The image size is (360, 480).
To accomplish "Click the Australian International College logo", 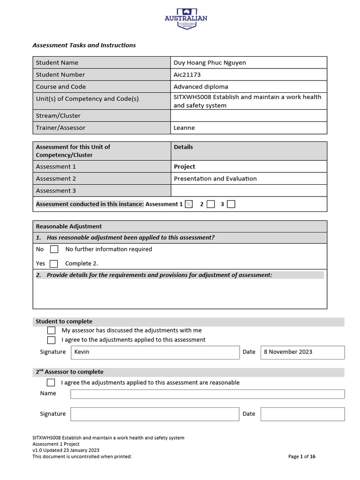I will click(x=186, y=19).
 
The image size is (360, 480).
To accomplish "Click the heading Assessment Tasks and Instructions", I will click(x=84, y=45).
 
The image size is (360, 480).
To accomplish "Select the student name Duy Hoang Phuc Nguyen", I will click(x=210, y=63).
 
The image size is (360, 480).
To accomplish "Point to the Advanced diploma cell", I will click(x=201, y=87).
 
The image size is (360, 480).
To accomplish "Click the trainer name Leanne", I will click(x=184, y=127).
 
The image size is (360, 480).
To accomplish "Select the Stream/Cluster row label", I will click(x=58, y=116).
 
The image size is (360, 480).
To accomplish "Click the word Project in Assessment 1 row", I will click(x=184, y=166).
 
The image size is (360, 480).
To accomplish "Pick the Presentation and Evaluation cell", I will click(x=215, y=179).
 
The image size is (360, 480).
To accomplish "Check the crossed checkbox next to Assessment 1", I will click(x=189, y=204).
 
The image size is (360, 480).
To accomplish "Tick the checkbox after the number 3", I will click(x=231, y=204).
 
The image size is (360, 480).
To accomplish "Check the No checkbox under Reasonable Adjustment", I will click(x=54, y=249).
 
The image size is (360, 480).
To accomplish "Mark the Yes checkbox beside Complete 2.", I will click(x=54, y=263).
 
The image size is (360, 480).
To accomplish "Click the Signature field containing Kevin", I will click(x=155, y=352).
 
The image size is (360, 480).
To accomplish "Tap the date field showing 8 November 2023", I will click(x=302, y=352).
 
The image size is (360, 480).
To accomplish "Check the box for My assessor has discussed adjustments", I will click(x=51, y=330).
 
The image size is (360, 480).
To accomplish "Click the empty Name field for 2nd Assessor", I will click(x=207, y=394).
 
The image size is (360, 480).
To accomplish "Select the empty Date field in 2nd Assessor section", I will click(x=302, y=414).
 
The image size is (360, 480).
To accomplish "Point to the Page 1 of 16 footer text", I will click(x=301, y=457).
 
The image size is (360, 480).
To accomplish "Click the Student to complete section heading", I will click(x=64, y=322).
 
